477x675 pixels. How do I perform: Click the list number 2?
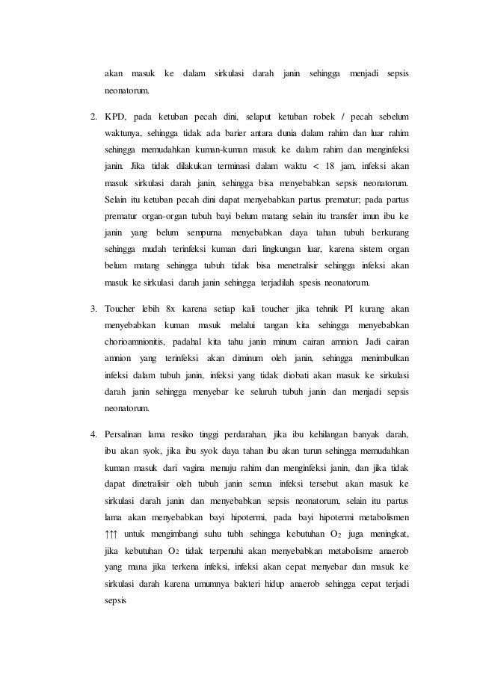(93, 118)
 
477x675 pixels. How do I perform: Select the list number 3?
(93, 307)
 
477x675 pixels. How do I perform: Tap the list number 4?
(93, 434)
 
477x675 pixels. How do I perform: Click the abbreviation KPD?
(115, 118)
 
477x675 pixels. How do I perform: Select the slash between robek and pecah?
(343, 118)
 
